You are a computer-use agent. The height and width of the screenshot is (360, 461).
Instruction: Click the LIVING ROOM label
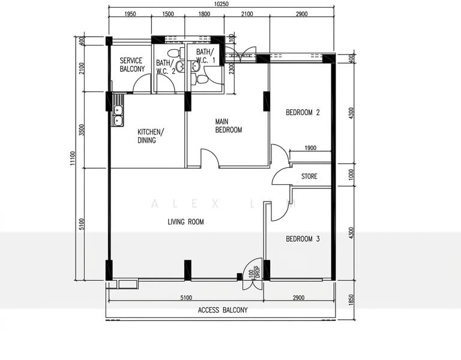coord(185,222)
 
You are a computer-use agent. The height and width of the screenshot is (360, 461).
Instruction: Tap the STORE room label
coord(309,176)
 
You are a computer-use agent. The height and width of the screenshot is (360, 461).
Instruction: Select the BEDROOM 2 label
coord(303,112)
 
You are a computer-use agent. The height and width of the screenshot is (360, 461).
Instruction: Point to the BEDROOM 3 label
coord(303,239)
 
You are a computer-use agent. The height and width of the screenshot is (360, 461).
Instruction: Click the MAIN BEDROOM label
coord(229,126)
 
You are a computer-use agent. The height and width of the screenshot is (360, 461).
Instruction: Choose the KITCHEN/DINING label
coord(151,136)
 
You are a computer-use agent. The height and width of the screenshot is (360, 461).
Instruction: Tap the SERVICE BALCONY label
coord(132,65)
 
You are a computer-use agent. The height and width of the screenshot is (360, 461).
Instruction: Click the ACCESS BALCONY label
coord(223,310)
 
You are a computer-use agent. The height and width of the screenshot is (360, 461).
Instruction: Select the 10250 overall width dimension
coord(221,4)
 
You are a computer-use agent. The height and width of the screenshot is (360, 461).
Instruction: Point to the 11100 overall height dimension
coord(73,158)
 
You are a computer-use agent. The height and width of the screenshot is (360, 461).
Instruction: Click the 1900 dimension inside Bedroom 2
coord(310,148)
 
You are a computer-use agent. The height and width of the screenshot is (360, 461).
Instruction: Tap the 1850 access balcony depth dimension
coord(351,300)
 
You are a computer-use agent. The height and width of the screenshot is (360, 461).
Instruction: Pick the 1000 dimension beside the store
coord(351,175)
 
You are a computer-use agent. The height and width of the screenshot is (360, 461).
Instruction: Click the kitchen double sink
coord(118,115)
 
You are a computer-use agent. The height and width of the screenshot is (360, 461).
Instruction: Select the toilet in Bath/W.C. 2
coord(175,53)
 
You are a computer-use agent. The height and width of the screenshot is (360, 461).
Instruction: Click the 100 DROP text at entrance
coord(255,272)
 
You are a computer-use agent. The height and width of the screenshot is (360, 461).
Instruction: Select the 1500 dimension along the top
coord(168,14)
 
